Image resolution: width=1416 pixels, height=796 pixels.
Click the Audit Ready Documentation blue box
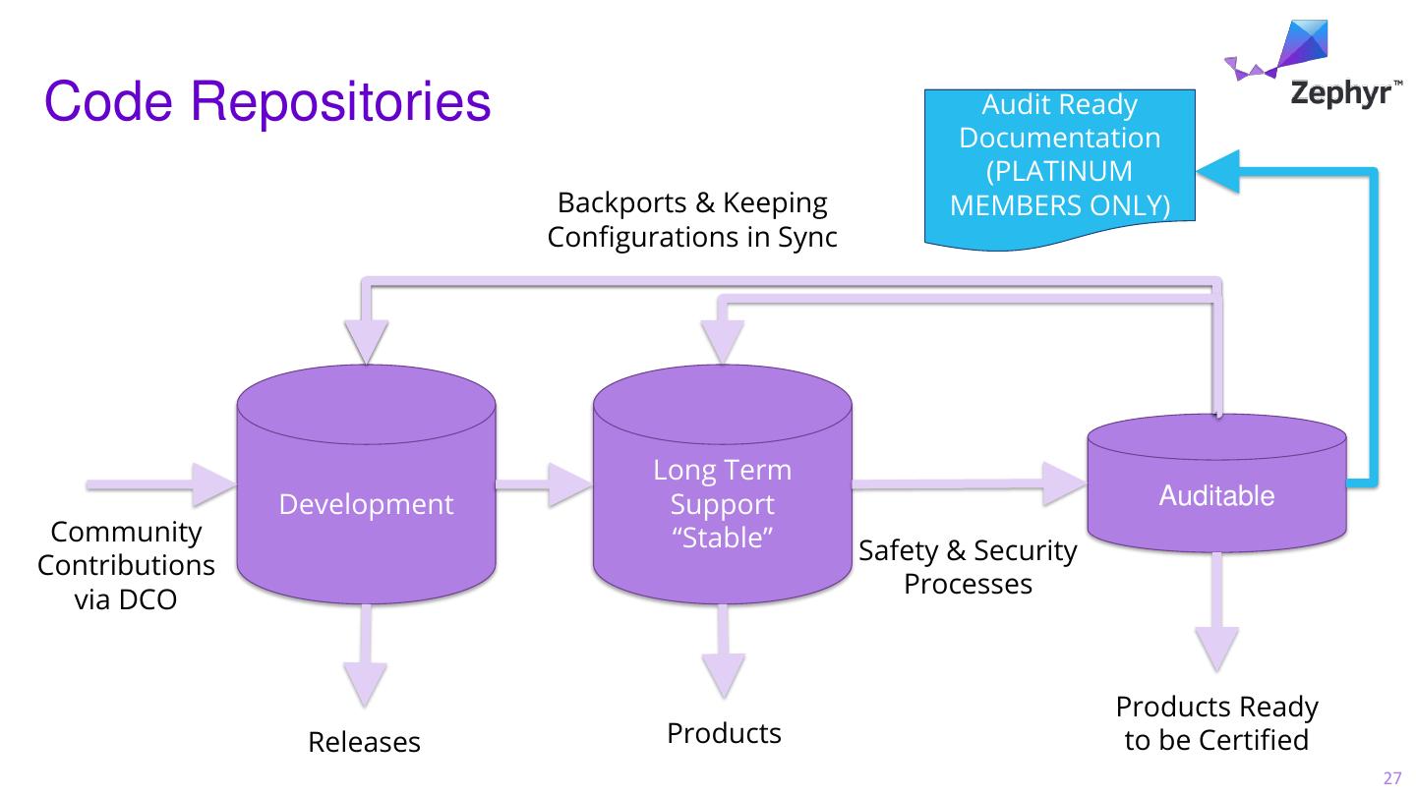click(x=1059, y=162)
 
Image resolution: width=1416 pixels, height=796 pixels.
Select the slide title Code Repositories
click(x=267, y=102)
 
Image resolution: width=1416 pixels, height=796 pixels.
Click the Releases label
click(x=364, y=743)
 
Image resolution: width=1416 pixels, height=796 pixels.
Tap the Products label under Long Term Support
click(x=724, y=733)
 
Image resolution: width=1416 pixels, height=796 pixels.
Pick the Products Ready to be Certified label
click(x=1216, y=723)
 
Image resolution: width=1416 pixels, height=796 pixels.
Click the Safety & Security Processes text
click(x=969, y=567)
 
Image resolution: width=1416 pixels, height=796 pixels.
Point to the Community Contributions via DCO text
click(x=126, y=566)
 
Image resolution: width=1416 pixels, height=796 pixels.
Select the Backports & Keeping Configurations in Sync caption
click(x=692, y=220)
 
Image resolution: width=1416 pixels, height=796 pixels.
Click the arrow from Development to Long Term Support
click(x=544, y=484)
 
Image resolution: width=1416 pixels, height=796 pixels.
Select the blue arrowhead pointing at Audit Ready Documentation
click(x=1217, y=169)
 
